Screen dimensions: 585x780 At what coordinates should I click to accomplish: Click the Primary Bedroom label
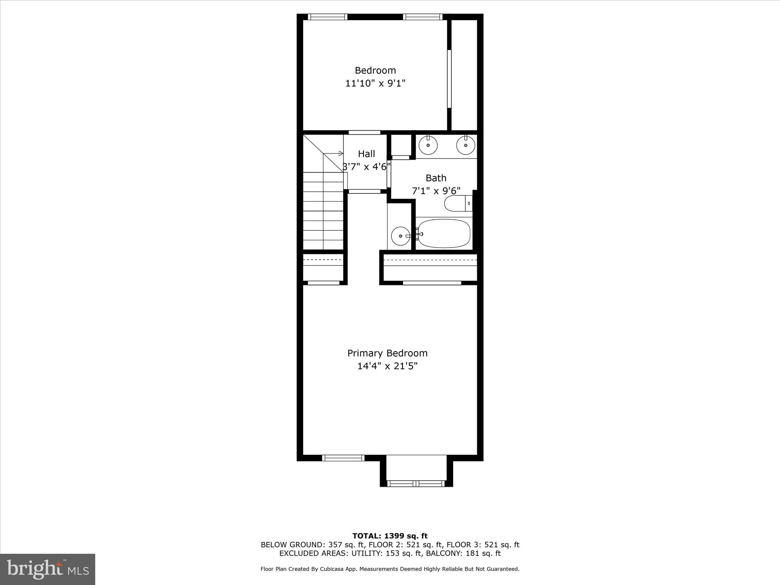(387, 353)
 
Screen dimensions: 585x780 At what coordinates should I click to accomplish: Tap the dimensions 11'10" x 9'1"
(375, 83)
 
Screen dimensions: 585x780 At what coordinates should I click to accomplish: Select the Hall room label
(366, 154)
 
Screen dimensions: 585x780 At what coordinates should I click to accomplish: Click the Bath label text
(436, 178)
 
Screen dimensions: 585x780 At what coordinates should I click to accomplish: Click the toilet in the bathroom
(458, 203)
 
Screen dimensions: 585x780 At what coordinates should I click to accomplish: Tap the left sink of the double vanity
(428, 145)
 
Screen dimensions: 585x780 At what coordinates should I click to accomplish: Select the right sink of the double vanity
(465, 145)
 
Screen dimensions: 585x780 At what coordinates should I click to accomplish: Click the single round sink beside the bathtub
(400, 236)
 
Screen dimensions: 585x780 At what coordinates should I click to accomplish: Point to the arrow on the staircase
(340, 153)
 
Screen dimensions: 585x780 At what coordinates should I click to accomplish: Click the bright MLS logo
(48, 569)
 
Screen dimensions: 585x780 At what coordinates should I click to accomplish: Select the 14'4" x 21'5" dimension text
(387, 366)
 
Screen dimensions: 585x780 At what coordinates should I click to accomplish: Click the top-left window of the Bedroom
(328, 17)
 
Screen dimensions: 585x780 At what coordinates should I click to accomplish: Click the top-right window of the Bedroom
(422, 17)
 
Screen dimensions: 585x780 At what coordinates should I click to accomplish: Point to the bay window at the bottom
(416, 483)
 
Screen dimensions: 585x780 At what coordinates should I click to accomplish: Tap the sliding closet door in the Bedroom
(449, 79)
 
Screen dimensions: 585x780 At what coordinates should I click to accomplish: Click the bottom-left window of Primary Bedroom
(343, 458)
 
